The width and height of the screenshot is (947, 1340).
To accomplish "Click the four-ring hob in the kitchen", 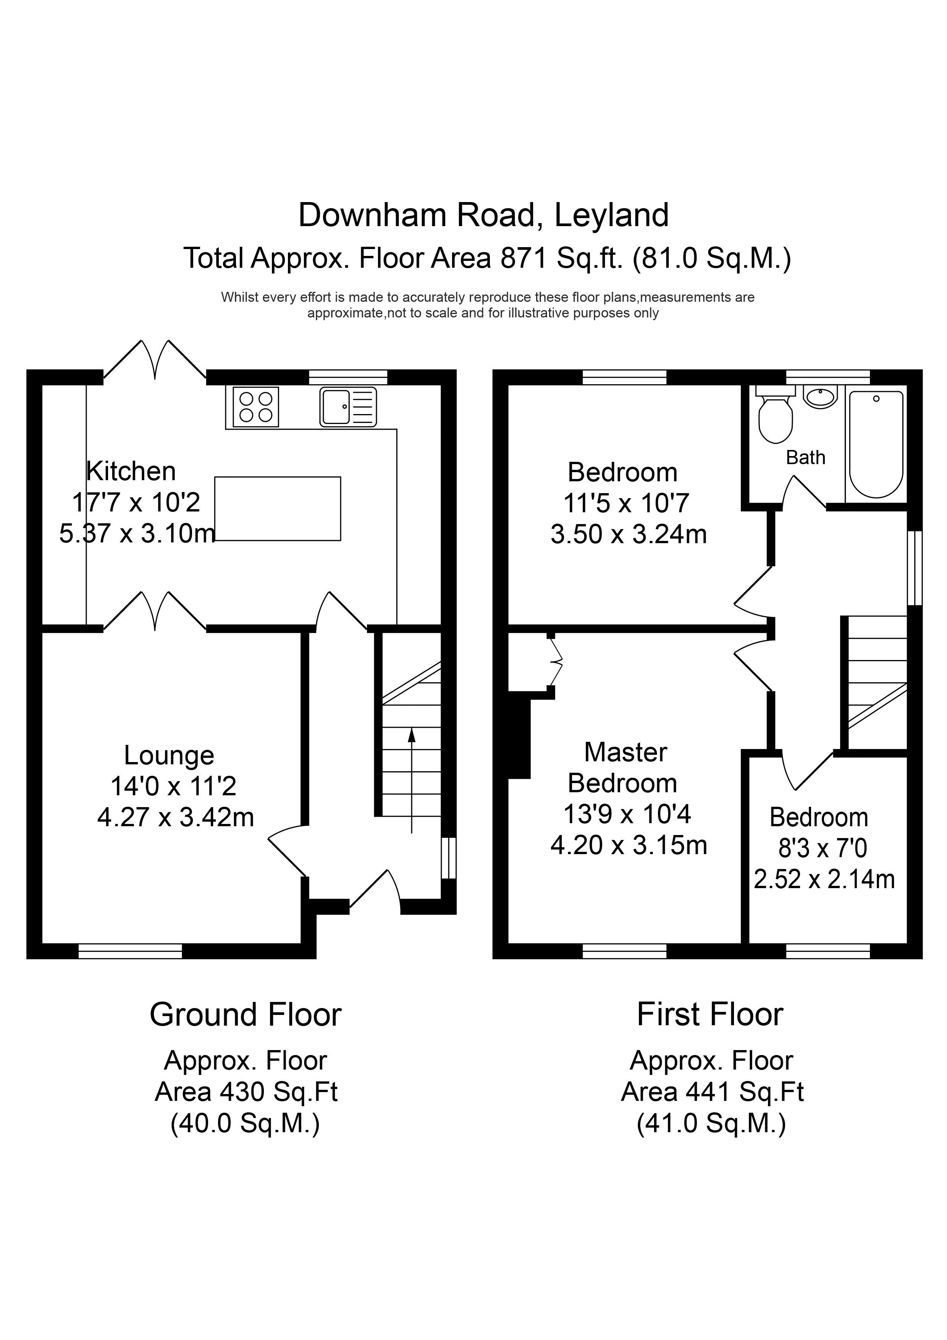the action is tap(255, 407).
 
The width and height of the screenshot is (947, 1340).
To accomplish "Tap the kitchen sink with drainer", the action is tap(348, 407).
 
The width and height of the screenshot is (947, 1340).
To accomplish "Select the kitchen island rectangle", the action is tap(278, 508).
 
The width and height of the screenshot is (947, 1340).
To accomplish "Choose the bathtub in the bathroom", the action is tap(876, 444).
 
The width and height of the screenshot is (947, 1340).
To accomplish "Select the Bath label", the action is tap(806, 458).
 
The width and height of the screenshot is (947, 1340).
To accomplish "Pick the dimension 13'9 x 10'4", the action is tap(627, 814).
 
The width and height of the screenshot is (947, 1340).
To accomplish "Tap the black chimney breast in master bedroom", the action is tap(519, 735).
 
